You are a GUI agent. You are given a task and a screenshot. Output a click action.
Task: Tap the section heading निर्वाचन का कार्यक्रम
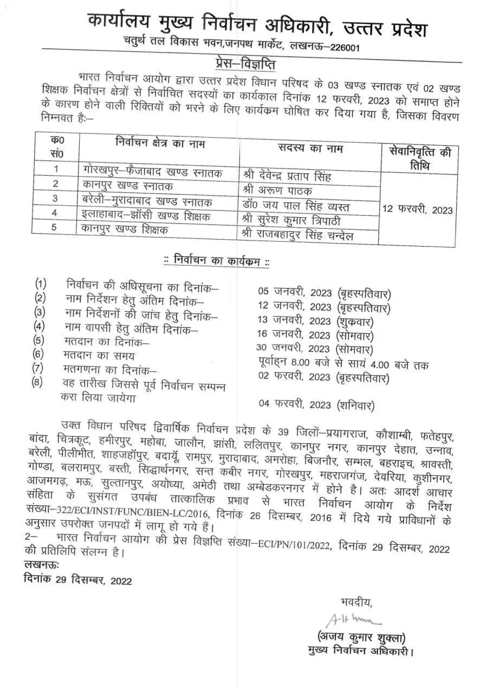tap(217, 261)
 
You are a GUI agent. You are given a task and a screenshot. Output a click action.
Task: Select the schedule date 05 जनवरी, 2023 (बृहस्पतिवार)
tap(325, 294)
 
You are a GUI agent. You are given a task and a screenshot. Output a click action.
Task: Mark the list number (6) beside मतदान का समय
tap(38, 355)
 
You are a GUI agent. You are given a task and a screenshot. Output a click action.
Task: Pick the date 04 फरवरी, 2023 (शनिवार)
tap(316, 405)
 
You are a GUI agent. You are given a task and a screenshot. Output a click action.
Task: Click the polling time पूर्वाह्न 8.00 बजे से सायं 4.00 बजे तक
tap(343, 365)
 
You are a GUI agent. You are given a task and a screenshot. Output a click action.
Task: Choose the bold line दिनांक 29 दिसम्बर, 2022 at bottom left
tap(78, 581)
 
